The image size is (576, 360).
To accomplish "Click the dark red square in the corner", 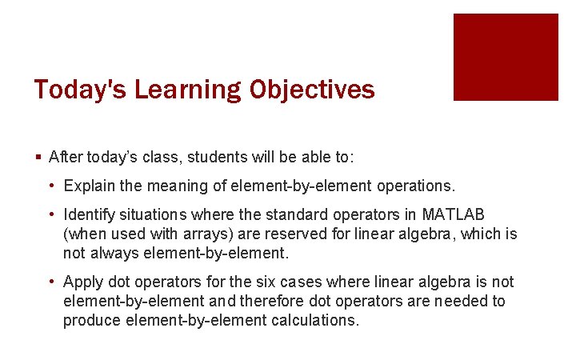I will [x=506, y=57].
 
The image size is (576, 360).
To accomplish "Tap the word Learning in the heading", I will [x=187, y=90].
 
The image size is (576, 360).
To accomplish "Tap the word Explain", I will [x=88, y=186].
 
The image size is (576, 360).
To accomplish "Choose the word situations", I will [x=153, y=215].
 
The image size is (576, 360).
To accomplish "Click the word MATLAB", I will [x=454, y=215].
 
